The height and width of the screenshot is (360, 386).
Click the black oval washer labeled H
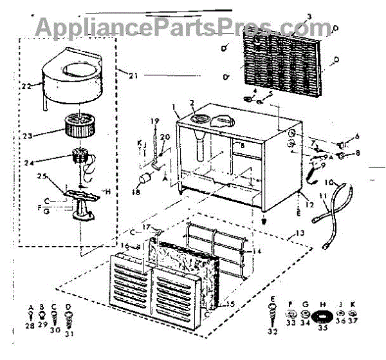[x=324, y=317]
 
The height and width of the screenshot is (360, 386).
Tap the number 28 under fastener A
[x=29, y=327]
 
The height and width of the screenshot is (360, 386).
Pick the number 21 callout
[x=134, y=76]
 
